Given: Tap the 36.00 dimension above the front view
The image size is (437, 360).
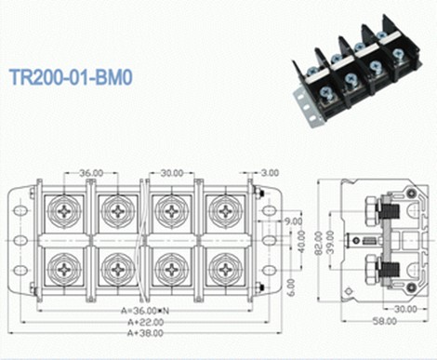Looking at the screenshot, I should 91,172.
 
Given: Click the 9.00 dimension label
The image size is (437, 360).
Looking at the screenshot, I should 293,221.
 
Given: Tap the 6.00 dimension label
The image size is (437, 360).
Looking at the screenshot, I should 291,285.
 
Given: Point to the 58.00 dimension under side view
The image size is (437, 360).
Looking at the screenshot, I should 382,321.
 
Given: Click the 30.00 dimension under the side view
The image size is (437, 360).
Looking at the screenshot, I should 403,309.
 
